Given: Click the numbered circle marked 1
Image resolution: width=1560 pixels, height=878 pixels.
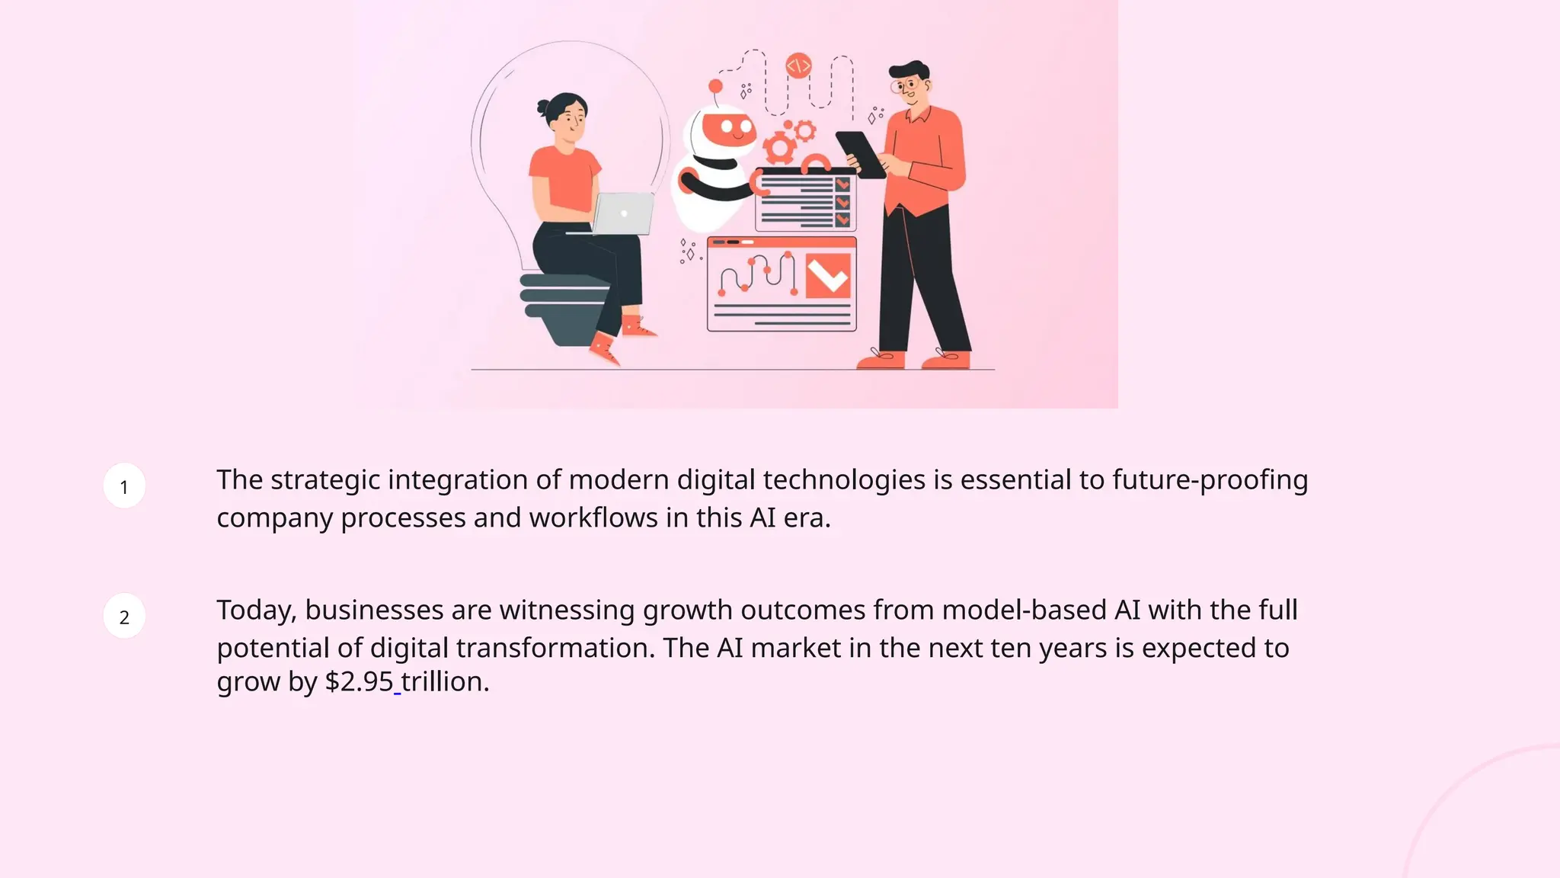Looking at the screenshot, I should click(x=124, y=486).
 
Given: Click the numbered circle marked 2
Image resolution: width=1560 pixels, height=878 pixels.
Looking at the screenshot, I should click(x=124, y=617).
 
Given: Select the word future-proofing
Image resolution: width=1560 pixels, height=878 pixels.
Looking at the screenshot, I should click(x=1210, y=480).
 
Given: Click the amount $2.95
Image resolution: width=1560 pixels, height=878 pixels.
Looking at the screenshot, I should click(x=359, y=681).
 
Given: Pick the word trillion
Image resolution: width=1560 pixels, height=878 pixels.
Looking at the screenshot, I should click(x=445, y=681).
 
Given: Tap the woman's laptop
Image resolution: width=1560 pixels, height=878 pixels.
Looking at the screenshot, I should click(x=623, y=213).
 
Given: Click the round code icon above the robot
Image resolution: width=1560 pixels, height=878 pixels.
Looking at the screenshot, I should click(x=798, y=66).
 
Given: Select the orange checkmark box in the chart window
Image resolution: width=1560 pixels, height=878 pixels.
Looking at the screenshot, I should click(x=827, y=275).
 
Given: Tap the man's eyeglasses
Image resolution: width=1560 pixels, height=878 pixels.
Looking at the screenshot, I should click(x=906, y=85).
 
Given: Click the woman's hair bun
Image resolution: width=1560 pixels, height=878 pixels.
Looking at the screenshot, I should click(x=544, y=107).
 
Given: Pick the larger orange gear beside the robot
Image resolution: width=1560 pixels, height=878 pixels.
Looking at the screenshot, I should click(x=779, y=148).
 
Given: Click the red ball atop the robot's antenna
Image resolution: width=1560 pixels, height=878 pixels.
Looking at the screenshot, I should click(x=715, y=85).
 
